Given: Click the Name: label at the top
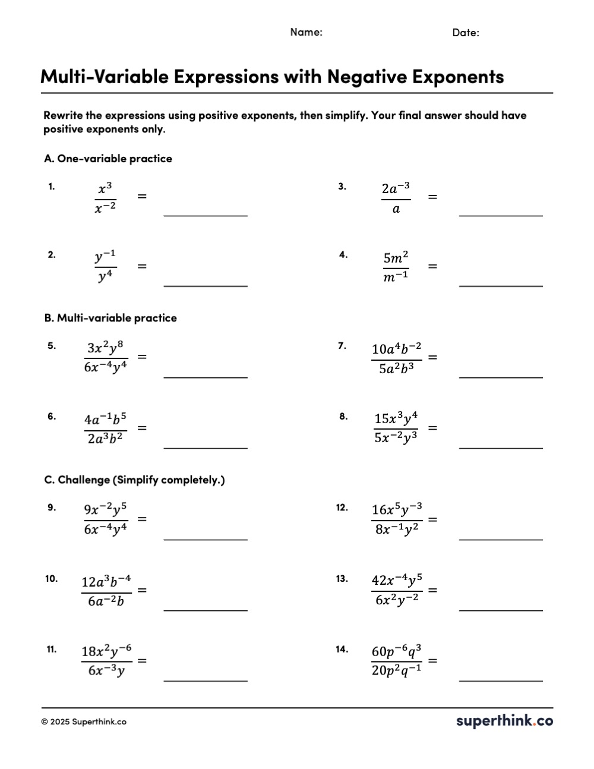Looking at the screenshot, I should click(x=306, y=32).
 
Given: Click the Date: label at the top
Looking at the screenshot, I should click(x=466, y=33).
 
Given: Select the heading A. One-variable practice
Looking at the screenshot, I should click(x=108, y=159).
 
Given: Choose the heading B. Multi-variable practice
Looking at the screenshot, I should click(x=110, y=318).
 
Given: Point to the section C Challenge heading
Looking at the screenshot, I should click(x=134, y=480).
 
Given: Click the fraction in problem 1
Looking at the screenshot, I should click(x=105, y=198).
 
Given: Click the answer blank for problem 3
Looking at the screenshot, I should click(x=501, y=215).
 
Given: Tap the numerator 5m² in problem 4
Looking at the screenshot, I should click(x=396, y=258).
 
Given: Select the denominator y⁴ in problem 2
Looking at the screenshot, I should click(x=106, y=277).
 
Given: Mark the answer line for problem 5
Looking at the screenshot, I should click(x=206, y=376).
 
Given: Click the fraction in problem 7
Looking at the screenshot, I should click(x=397, y=358).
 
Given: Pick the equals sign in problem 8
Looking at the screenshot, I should click(x=433, y=428).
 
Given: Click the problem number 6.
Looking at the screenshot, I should click(x=52, y=417).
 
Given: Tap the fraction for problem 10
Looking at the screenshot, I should click(x=106, y=591).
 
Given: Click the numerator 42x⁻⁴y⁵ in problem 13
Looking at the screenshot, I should click(x=397, y=580).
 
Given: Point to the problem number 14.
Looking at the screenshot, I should click(x=342, y=649).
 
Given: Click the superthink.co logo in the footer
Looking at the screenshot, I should click(x=504, y=721).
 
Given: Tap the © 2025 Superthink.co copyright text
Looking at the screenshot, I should click(x=84, y=722).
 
